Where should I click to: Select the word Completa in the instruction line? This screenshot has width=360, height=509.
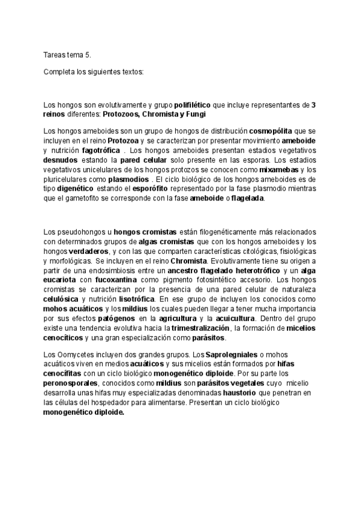[59, 72]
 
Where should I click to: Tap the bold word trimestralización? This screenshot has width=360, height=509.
[200, 329]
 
